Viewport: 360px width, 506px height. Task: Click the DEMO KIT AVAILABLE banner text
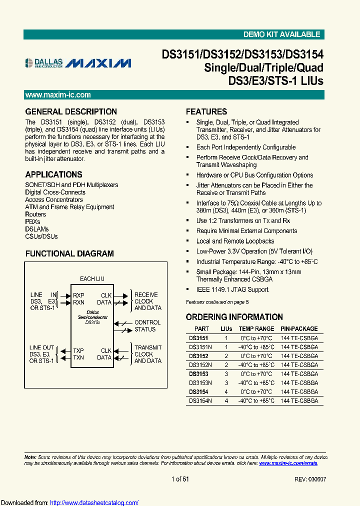tap(281, 34)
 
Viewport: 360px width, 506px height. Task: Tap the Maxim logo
tap(98, 63)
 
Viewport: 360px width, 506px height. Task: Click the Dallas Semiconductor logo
tap(44, 62)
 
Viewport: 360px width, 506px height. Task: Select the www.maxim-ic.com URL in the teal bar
tap(58, 95)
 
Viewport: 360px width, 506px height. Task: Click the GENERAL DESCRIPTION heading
tap(71, 111)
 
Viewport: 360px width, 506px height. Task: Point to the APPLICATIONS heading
tap(53, 174)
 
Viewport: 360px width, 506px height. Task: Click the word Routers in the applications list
tap(35, 214)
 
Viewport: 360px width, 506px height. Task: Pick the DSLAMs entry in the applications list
tap(37, 229)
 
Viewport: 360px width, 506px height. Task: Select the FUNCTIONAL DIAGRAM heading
tap(69, 253)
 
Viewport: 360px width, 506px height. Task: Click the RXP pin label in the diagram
tap(78, 295)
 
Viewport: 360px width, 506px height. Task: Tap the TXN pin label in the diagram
tap(78, 357)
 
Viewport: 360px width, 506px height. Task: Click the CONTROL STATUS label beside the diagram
tap(147, 326)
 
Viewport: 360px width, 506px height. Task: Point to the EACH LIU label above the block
tap(92, 279)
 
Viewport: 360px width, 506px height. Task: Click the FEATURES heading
tap(206, 111)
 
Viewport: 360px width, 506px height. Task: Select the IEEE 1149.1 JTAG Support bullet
tap(232, 289)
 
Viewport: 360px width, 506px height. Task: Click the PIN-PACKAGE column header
tap(299, 329)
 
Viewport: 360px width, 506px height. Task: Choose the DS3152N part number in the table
tap(200, 365)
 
